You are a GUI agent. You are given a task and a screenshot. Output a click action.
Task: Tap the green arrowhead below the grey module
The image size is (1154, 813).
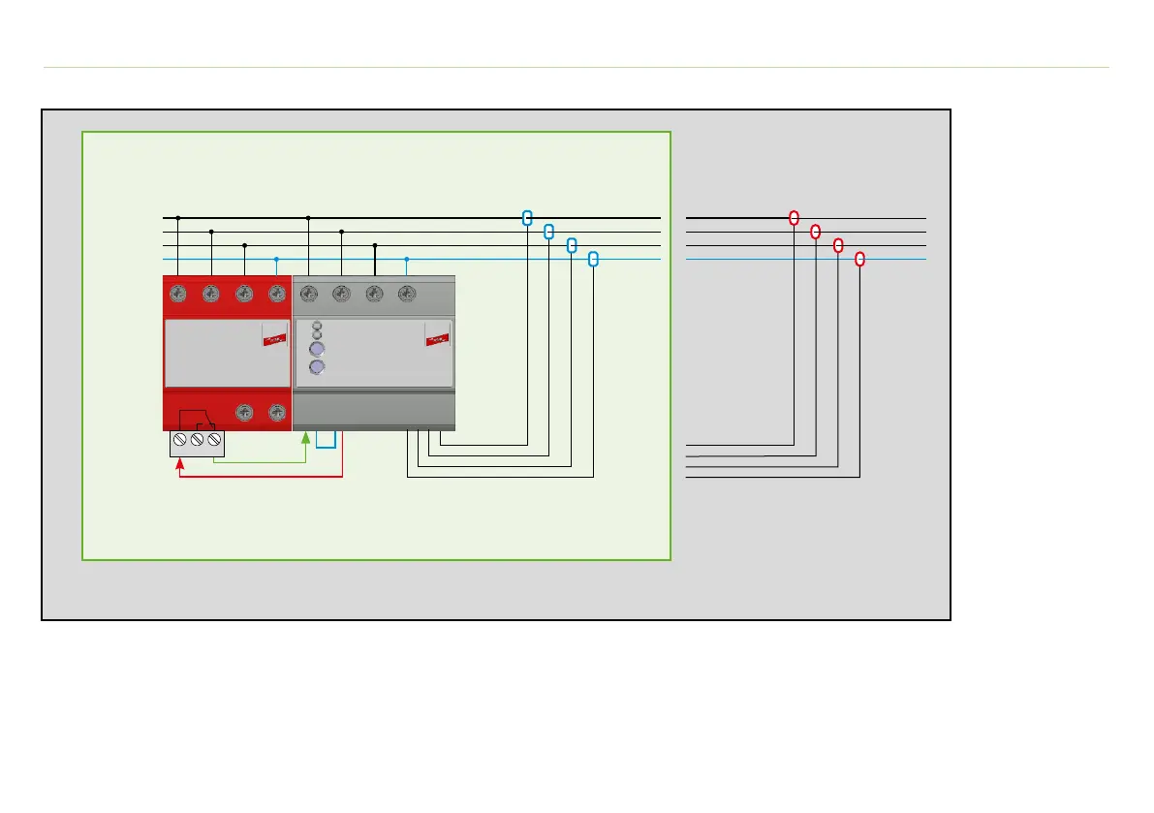click(306, 438)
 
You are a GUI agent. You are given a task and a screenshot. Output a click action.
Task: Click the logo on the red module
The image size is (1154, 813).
click(274, 339)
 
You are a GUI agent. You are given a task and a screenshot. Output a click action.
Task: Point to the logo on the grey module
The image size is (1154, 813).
click(438, 339)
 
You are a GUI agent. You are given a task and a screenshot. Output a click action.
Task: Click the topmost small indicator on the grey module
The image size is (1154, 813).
click(316, 326)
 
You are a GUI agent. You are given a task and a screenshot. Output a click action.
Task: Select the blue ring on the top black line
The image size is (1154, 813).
click(527, 218)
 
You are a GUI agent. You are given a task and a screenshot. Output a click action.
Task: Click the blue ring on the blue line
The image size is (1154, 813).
click(593, 259)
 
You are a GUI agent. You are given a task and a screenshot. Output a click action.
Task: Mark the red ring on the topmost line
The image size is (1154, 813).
click(794, 218)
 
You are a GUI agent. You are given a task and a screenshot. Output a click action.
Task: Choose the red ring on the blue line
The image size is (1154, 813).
click(859, 259)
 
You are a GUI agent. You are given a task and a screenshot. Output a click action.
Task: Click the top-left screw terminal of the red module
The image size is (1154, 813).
click(178, 293)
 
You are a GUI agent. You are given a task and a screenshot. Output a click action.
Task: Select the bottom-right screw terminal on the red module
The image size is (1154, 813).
click(277, 412)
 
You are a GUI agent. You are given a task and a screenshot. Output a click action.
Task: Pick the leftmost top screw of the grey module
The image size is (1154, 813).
click(309, 293)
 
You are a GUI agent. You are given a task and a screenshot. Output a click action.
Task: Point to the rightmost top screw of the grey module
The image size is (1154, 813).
click(407, 293)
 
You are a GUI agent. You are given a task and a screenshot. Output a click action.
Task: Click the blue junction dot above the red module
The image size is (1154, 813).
click(277, 259)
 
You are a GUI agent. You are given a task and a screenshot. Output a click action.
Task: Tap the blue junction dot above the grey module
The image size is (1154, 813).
click(407, 259)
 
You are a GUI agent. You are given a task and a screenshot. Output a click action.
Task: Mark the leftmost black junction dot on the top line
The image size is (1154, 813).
click(178, 218)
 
